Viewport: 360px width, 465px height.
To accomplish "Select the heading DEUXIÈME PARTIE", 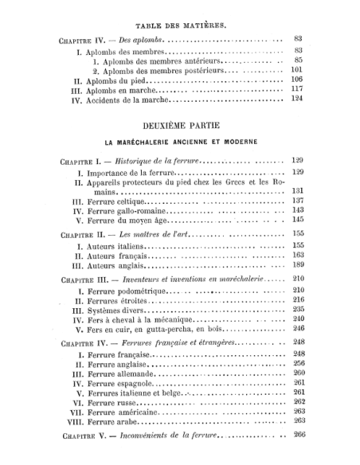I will pyautogui.click(x=182, y=126).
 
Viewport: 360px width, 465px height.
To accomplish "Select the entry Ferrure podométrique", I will pyautogui.click(x=127, y=290).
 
